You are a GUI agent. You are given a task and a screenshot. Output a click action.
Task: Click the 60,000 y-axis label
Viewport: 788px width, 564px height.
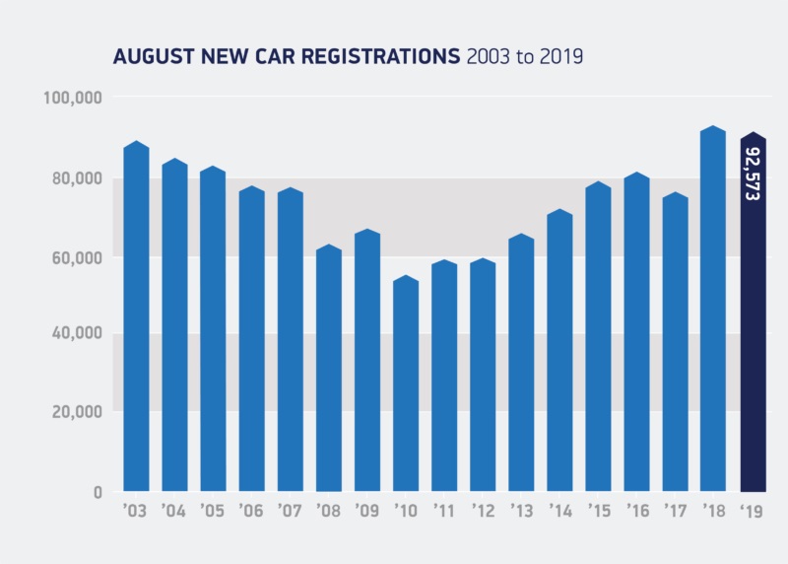coord(77,256)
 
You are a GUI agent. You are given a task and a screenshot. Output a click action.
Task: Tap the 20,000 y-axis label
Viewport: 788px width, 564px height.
coord(77,412)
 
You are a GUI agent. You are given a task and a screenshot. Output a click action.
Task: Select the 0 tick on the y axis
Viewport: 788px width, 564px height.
coord(98,492)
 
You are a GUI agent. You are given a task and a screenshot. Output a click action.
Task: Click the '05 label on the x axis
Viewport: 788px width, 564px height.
coord(213,513)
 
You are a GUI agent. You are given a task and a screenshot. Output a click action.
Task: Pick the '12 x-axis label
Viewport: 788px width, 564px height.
coord(483,513)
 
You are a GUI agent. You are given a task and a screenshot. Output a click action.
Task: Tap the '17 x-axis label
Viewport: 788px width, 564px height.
coord(676,513)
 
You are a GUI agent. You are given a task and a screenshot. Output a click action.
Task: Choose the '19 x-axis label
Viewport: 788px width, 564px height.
coord(754,513)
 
